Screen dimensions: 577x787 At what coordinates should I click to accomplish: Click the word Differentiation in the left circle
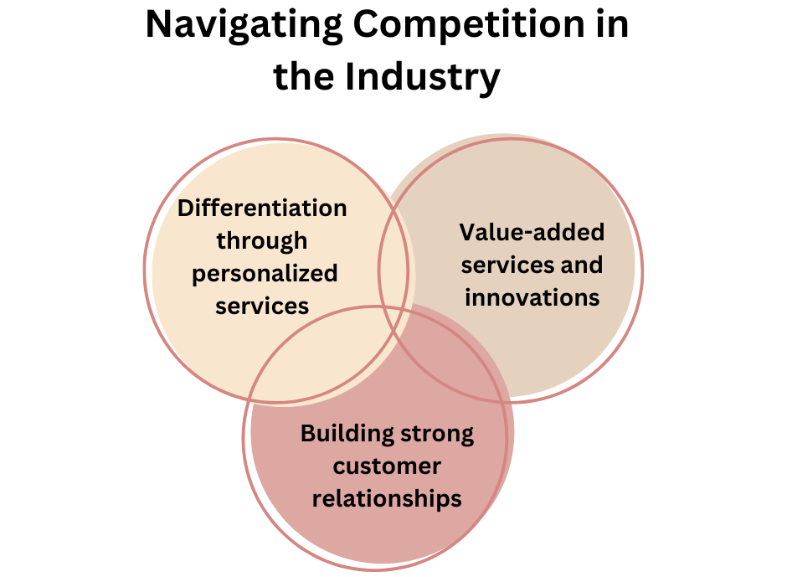coord(262,208)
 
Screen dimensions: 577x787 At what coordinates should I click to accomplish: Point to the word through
coord(262,240)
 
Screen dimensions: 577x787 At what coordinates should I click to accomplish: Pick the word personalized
coord(265,273)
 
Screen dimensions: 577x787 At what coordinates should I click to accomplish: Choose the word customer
coord(387,466)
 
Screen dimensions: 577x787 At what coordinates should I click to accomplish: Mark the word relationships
coord(387,498)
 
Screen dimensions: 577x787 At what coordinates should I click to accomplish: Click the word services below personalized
coord(262,306)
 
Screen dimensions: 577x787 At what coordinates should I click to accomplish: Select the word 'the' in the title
coord(305,77)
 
